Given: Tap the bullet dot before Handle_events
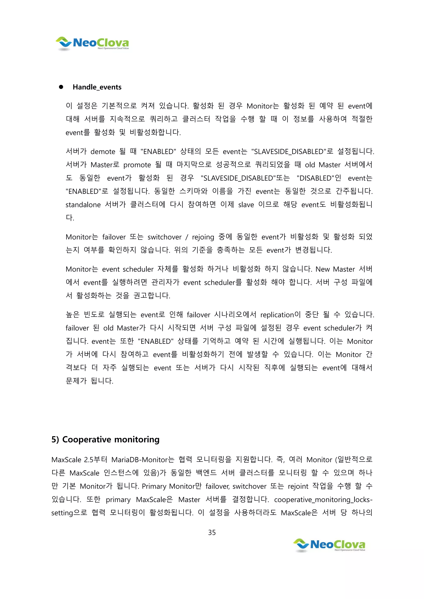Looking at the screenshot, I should (61, 87).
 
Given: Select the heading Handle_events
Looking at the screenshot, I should (97, 87).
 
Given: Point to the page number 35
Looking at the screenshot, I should (212, 532).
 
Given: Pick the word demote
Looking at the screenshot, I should (103, 152).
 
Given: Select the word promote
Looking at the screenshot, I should (137, 165).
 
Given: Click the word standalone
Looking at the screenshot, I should (83, 205).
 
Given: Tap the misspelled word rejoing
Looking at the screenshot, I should (203, 237).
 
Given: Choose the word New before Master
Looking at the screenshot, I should (322, 269).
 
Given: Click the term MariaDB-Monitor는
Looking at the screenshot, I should (143, 460).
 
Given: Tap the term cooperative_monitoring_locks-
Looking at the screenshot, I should (323, 500).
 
